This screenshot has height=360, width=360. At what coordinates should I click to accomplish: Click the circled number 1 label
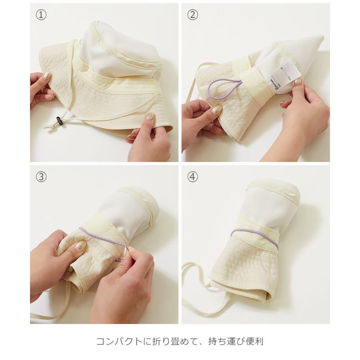(x=41, y=15)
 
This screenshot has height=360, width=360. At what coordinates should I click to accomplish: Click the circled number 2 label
(x=193, y=15)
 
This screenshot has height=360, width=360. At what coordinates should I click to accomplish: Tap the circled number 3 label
(x=41, y=176)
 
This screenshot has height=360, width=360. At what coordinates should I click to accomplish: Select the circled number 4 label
(x=193, y=176)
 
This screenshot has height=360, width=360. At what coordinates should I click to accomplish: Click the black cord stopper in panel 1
(x=58, y=120)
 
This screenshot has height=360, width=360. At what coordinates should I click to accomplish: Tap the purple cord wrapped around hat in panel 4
(x=256, y=236)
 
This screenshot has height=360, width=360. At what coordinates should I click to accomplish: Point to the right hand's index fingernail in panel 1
(x=150, y=117)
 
